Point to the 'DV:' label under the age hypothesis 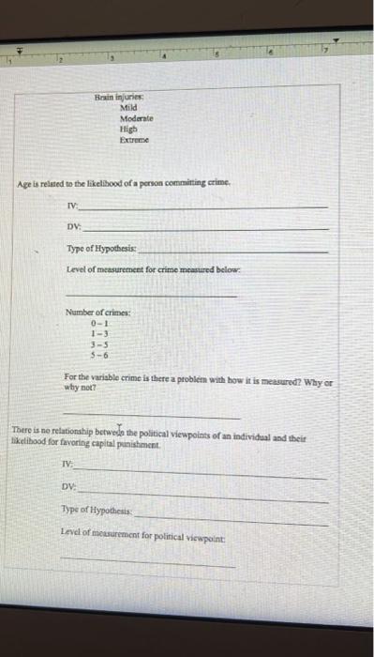coord(71,224)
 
